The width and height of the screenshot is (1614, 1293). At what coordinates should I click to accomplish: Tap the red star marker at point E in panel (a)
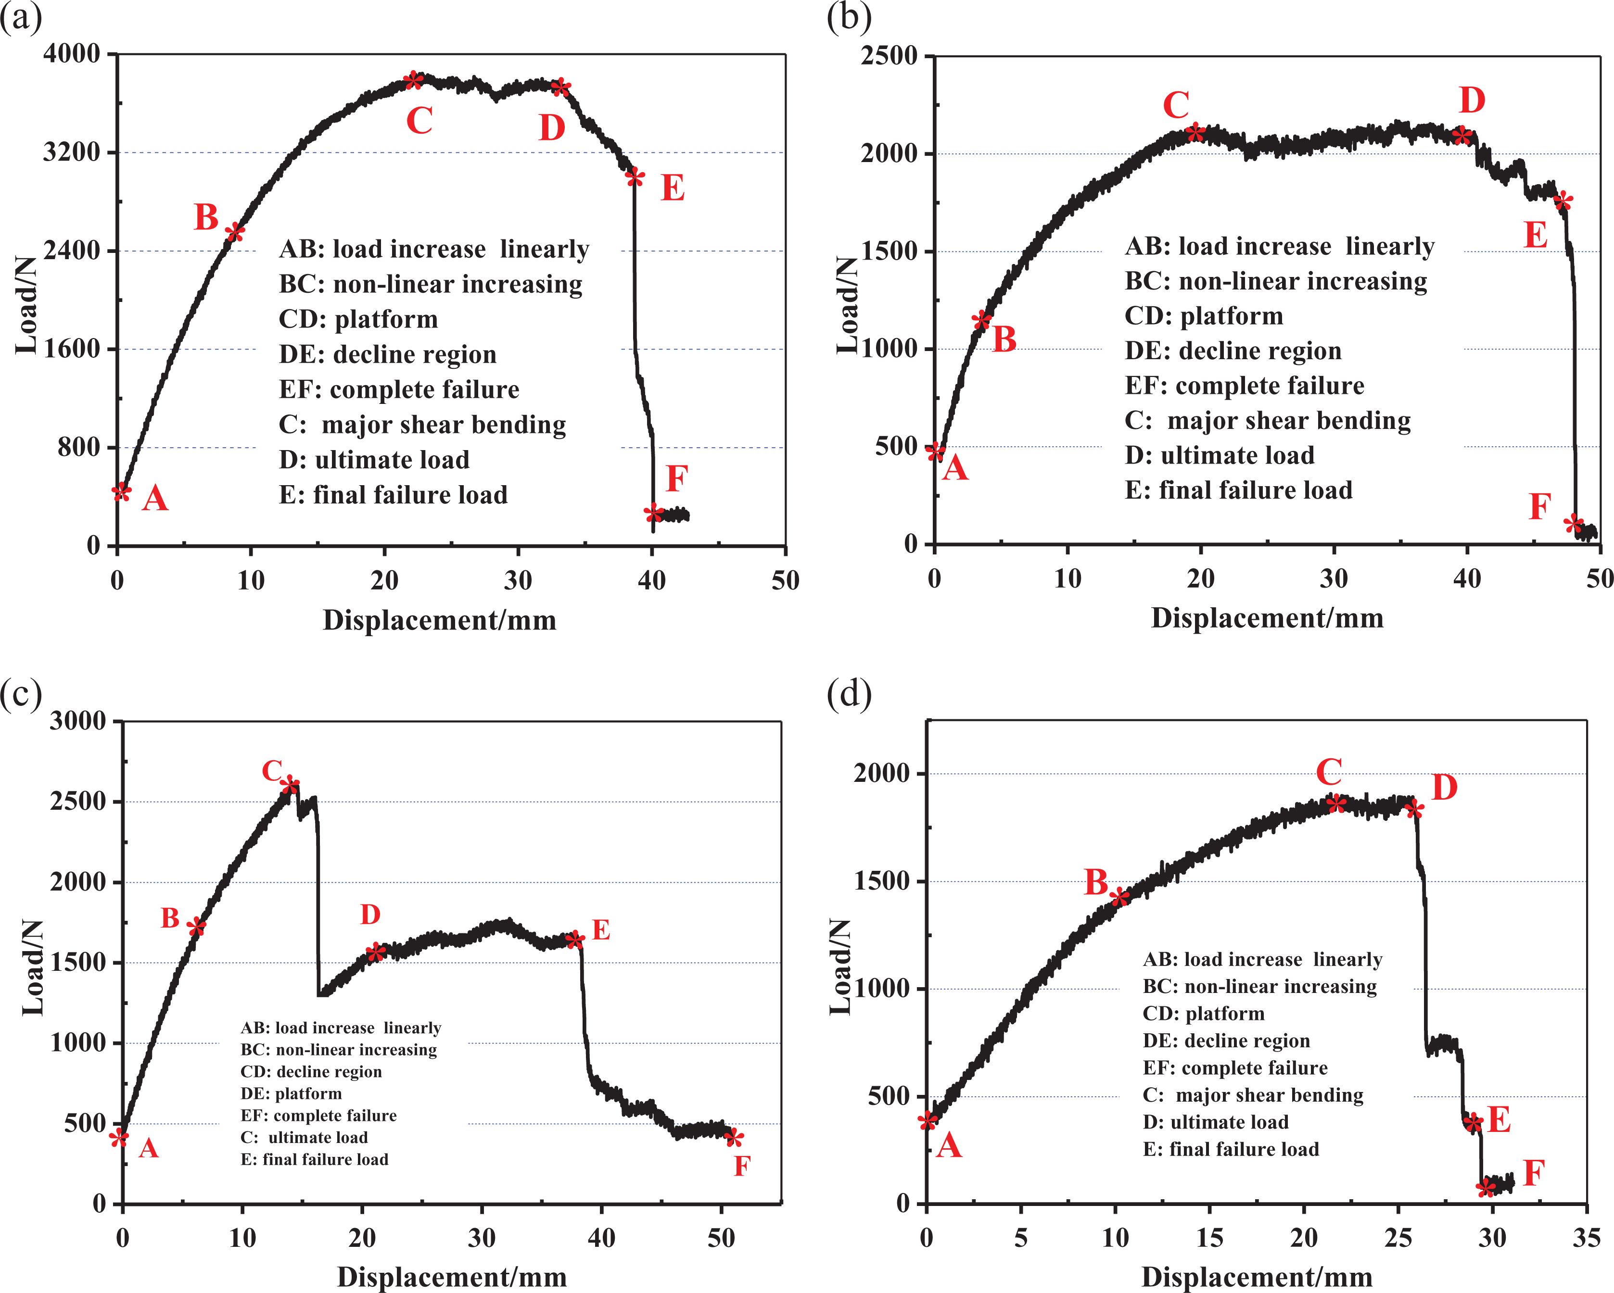point(635,176)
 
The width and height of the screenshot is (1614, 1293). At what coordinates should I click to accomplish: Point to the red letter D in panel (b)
point(1472,100)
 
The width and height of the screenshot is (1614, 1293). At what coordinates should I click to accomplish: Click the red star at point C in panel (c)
point(290,785)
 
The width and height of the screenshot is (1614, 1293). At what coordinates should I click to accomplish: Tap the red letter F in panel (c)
point(742,1166)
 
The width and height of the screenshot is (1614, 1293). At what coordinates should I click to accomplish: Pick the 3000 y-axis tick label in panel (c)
point(78,721)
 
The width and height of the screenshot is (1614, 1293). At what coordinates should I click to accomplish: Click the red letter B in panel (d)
point(1096,882)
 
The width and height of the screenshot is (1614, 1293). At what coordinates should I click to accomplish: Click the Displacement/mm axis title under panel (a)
point(439,620)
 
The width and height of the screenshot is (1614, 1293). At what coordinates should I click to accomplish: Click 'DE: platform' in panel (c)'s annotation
point(291,1094)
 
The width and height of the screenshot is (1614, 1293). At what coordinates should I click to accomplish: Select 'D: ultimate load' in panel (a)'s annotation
point(374,459)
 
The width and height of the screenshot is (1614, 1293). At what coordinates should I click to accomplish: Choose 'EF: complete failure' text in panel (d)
point(1235,1068)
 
